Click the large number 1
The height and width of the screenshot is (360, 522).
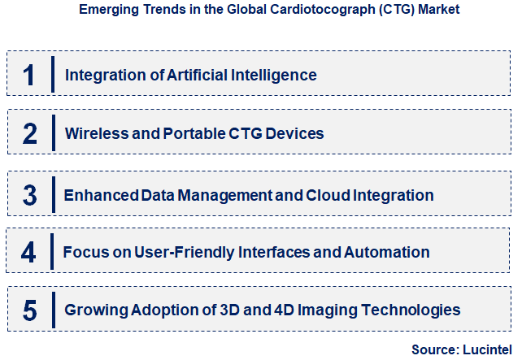coord(29,76)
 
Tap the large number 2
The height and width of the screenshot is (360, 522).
coord(29,133)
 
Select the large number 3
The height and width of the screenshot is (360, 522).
coord(29,196)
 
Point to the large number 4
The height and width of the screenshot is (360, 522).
coord(29,253)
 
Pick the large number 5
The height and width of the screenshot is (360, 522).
coord(29,310)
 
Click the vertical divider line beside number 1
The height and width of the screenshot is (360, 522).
coord(52,76)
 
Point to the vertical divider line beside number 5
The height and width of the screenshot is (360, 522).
coord(52,310)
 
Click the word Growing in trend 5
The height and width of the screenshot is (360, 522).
coord(94,310)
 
